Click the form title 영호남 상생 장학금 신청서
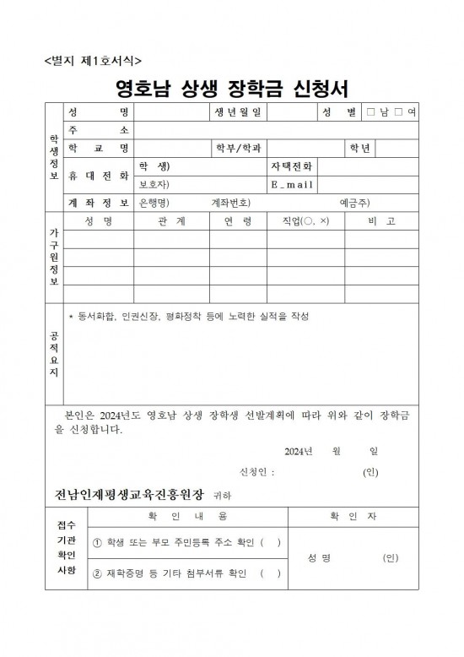coord(232,89)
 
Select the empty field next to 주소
coord(279,130)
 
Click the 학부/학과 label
coord(239,149)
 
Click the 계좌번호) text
coord(230,203)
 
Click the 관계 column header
coord(171,221)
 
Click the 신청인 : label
coord(257,471)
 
